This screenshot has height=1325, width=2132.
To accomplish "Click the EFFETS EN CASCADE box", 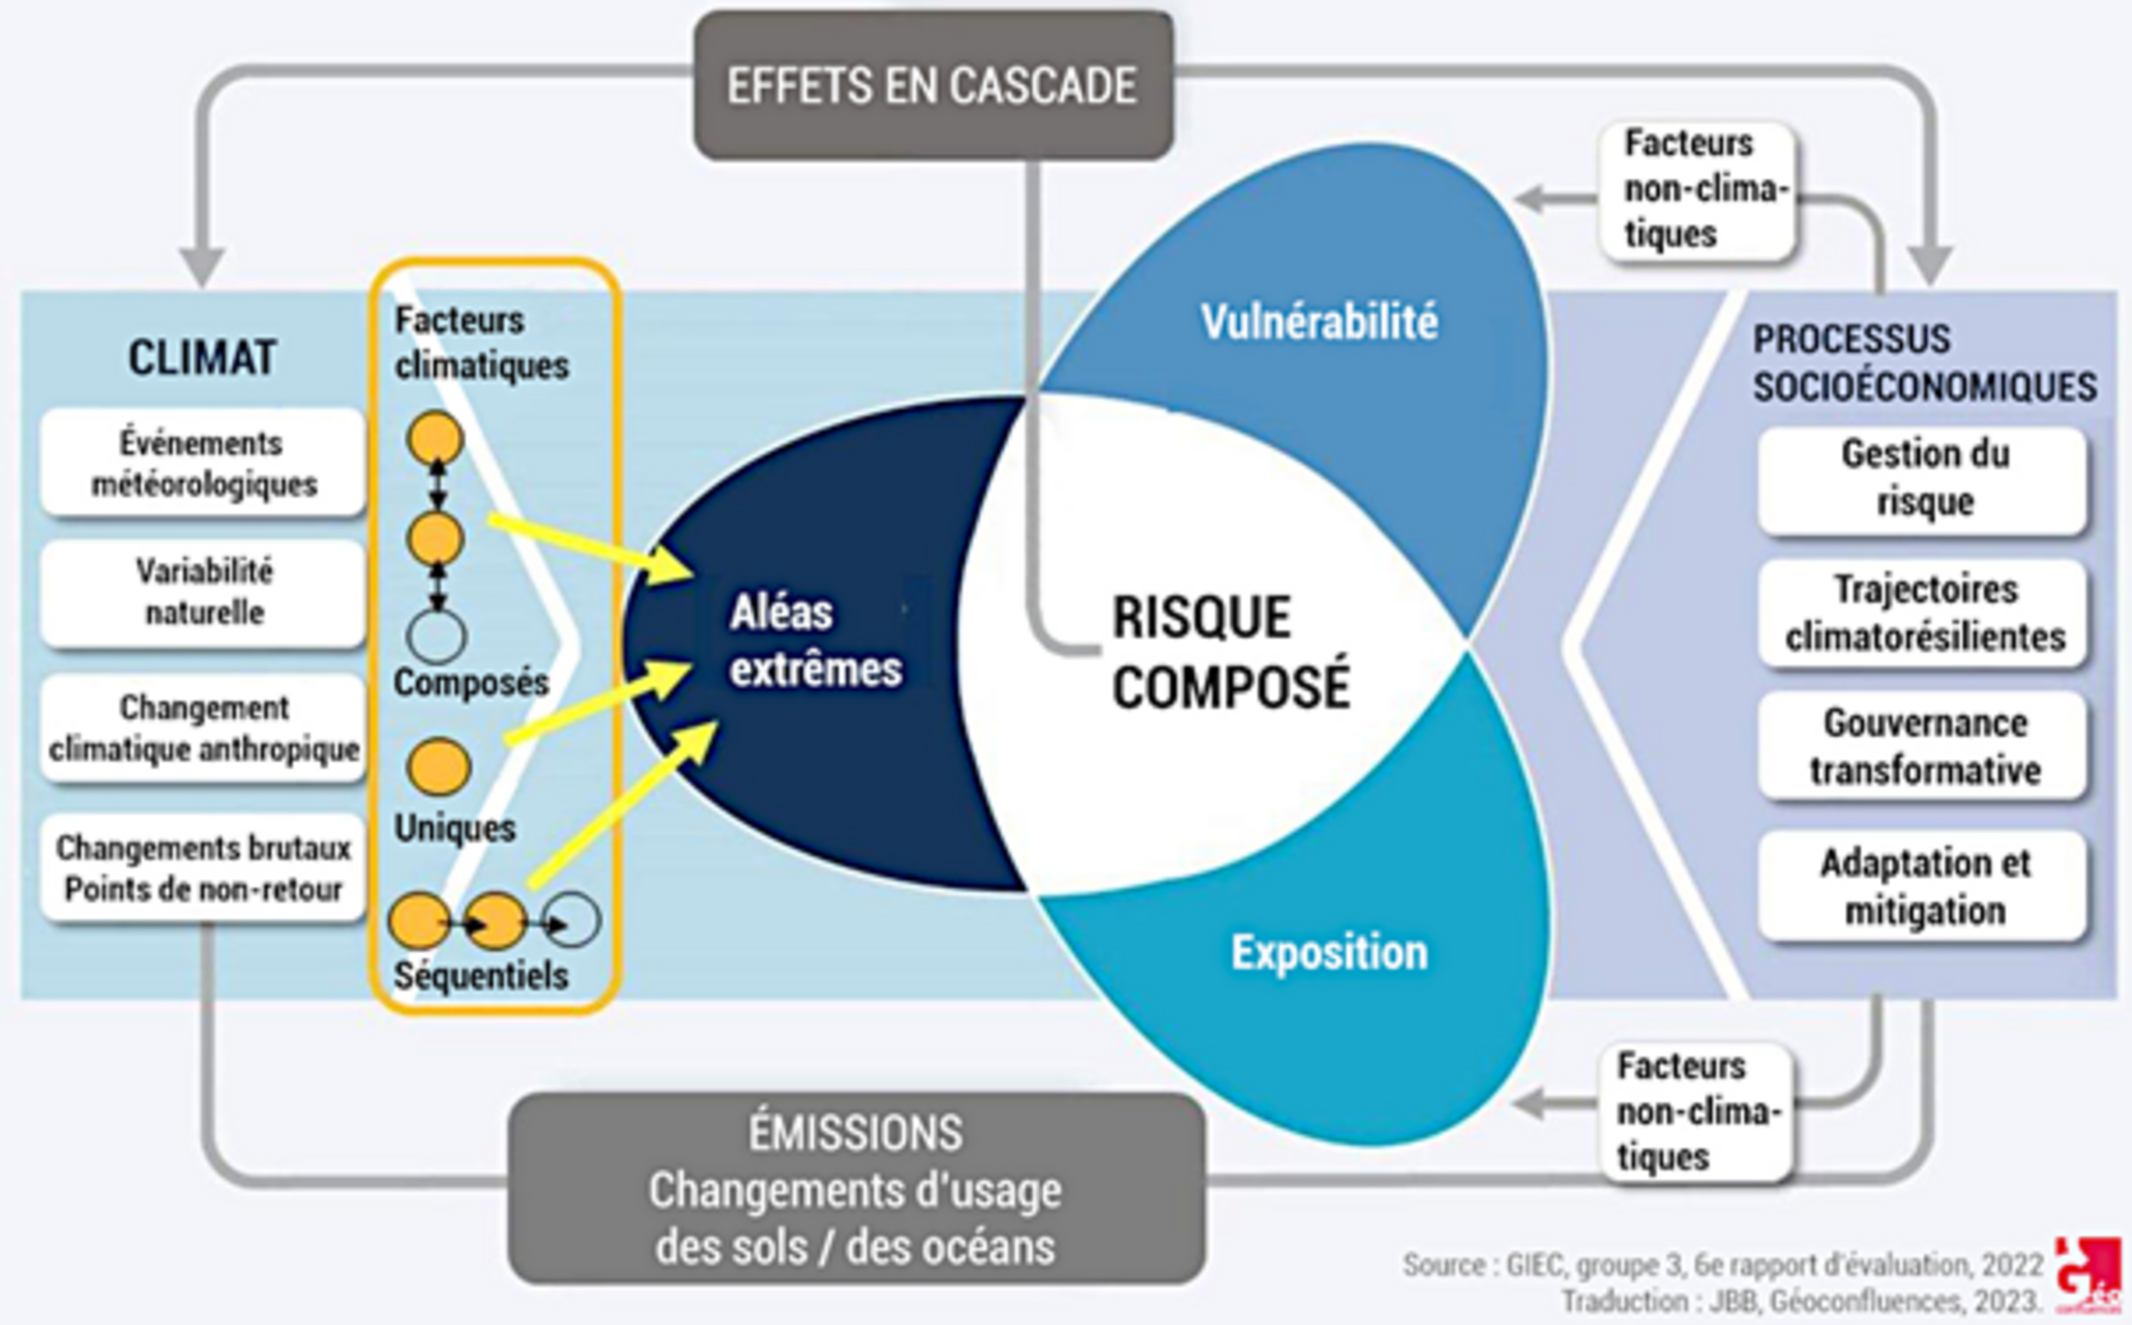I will click(933, 85).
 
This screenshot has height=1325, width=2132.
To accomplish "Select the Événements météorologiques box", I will click(204, 463).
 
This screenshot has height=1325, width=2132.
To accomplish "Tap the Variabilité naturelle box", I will click(204, 592).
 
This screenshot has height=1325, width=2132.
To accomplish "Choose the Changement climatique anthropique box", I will click(204, 728).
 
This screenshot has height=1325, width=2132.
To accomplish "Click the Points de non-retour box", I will click(204, 868).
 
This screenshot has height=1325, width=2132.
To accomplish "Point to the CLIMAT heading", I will click(203, 358).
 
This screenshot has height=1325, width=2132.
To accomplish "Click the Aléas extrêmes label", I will click(815, 641).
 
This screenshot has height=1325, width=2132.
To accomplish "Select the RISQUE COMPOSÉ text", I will click(1229, 651).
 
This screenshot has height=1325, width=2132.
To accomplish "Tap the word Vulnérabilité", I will click(1319, 322).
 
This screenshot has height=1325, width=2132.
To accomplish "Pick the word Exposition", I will click(1329, 953).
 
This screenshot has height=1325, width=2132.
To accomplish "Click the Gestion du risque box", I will click(1924, 479).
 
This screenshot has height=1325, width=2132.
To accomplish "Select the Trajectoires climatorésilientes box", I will click(1924, 614).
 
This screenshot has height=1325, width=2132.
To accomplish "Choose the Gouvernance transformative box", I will click(1924, 746).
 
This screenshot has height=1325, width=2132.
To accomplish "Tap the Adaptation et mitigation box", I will click(1924, 886).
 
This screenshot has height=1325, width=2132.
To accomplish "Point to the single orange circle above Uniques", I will click(439, 767).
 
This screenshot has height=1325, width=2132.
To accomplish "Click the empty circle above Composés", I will click(437, 637).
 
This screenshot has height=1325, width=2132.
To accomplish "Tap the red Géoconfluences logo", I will click(2087, 1274).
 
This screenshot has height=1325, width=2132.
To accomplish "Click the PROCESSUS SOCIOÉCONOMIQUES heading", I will click(1924, 363).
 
